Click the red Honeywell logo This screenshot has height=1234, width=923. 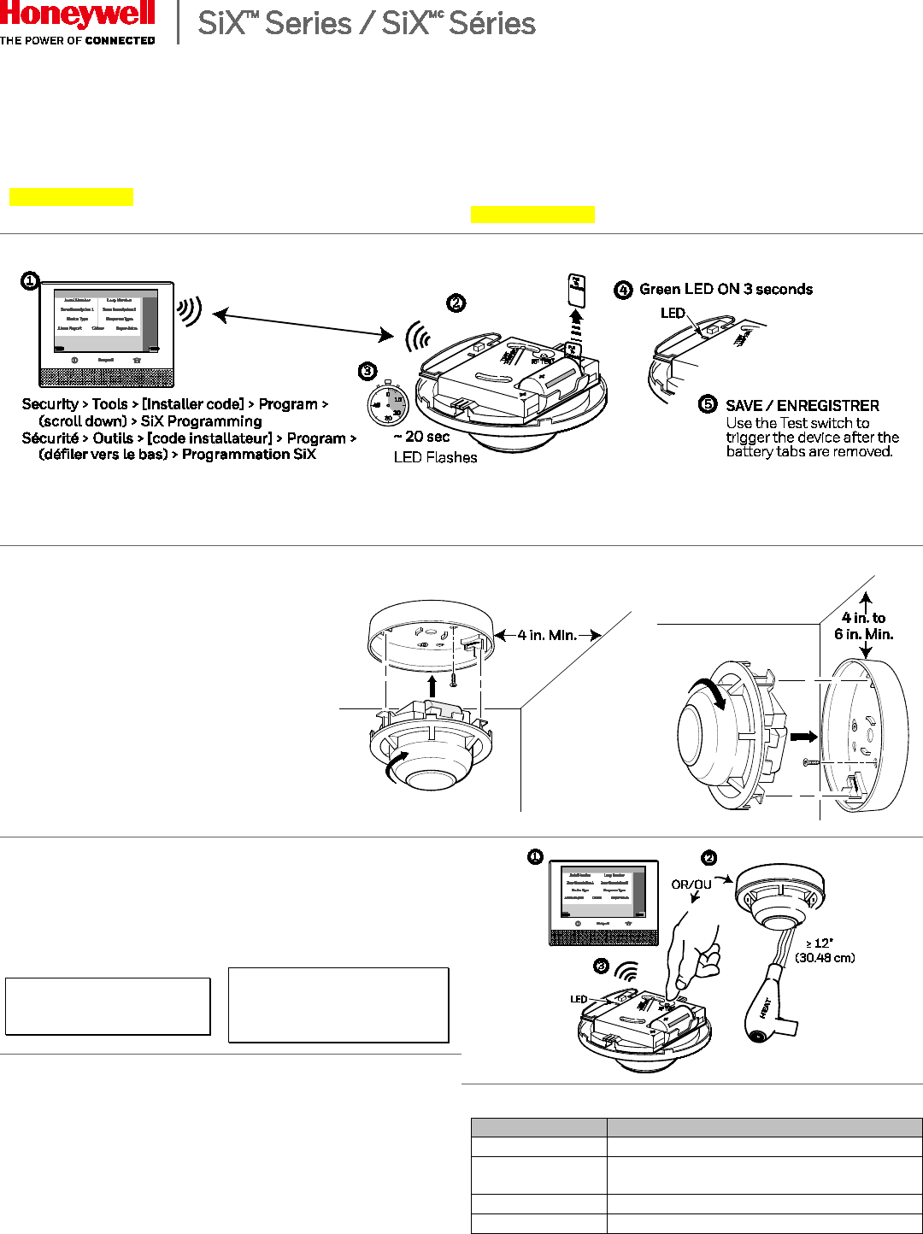[78, 15]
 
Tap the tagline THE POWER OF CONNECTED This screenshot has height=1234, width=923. [78, 40]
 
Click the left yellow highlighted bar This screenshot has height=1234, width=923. [71, 197]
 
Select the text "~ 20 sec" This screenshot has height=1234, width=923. [421, 437]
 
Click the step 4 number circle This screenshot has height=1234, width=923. [623, 290]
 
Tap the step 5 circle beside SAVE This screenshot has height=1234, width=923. [708, 404]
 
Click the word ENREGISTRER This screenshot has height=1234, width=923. [828, 406]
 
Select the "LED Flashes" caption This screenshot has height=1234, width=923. [435, 458]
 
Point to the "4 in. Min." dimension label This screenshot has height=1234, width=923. [547, 635]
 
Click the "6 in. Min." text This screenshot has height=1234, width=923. [863, 634]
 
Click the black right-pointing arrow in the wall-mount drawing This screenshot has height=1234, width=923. [803, 736]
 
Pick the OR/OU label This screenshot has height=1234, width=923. [691, 884]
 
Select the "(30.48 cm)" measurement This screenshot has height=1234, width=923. [825, 958]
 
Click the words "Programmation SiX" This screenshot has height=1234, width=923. [249, 455]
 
